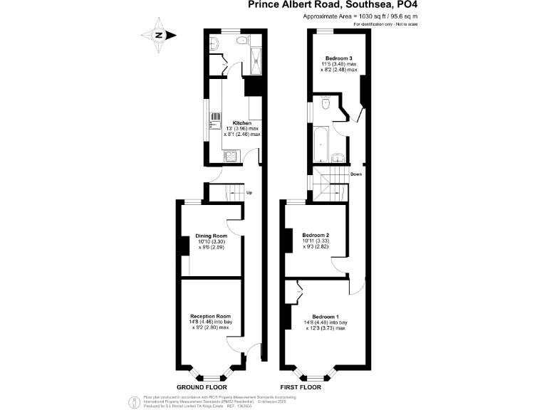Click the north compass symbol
[160, 35]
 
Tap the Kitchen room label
[242, 122]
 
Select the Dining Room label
[212, 236]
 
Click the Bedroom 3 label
[338, 58]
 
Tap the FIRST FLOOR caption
[300, 388]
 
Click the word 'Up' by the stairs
[249, 192]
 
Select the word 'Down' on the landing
[356, 174]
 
